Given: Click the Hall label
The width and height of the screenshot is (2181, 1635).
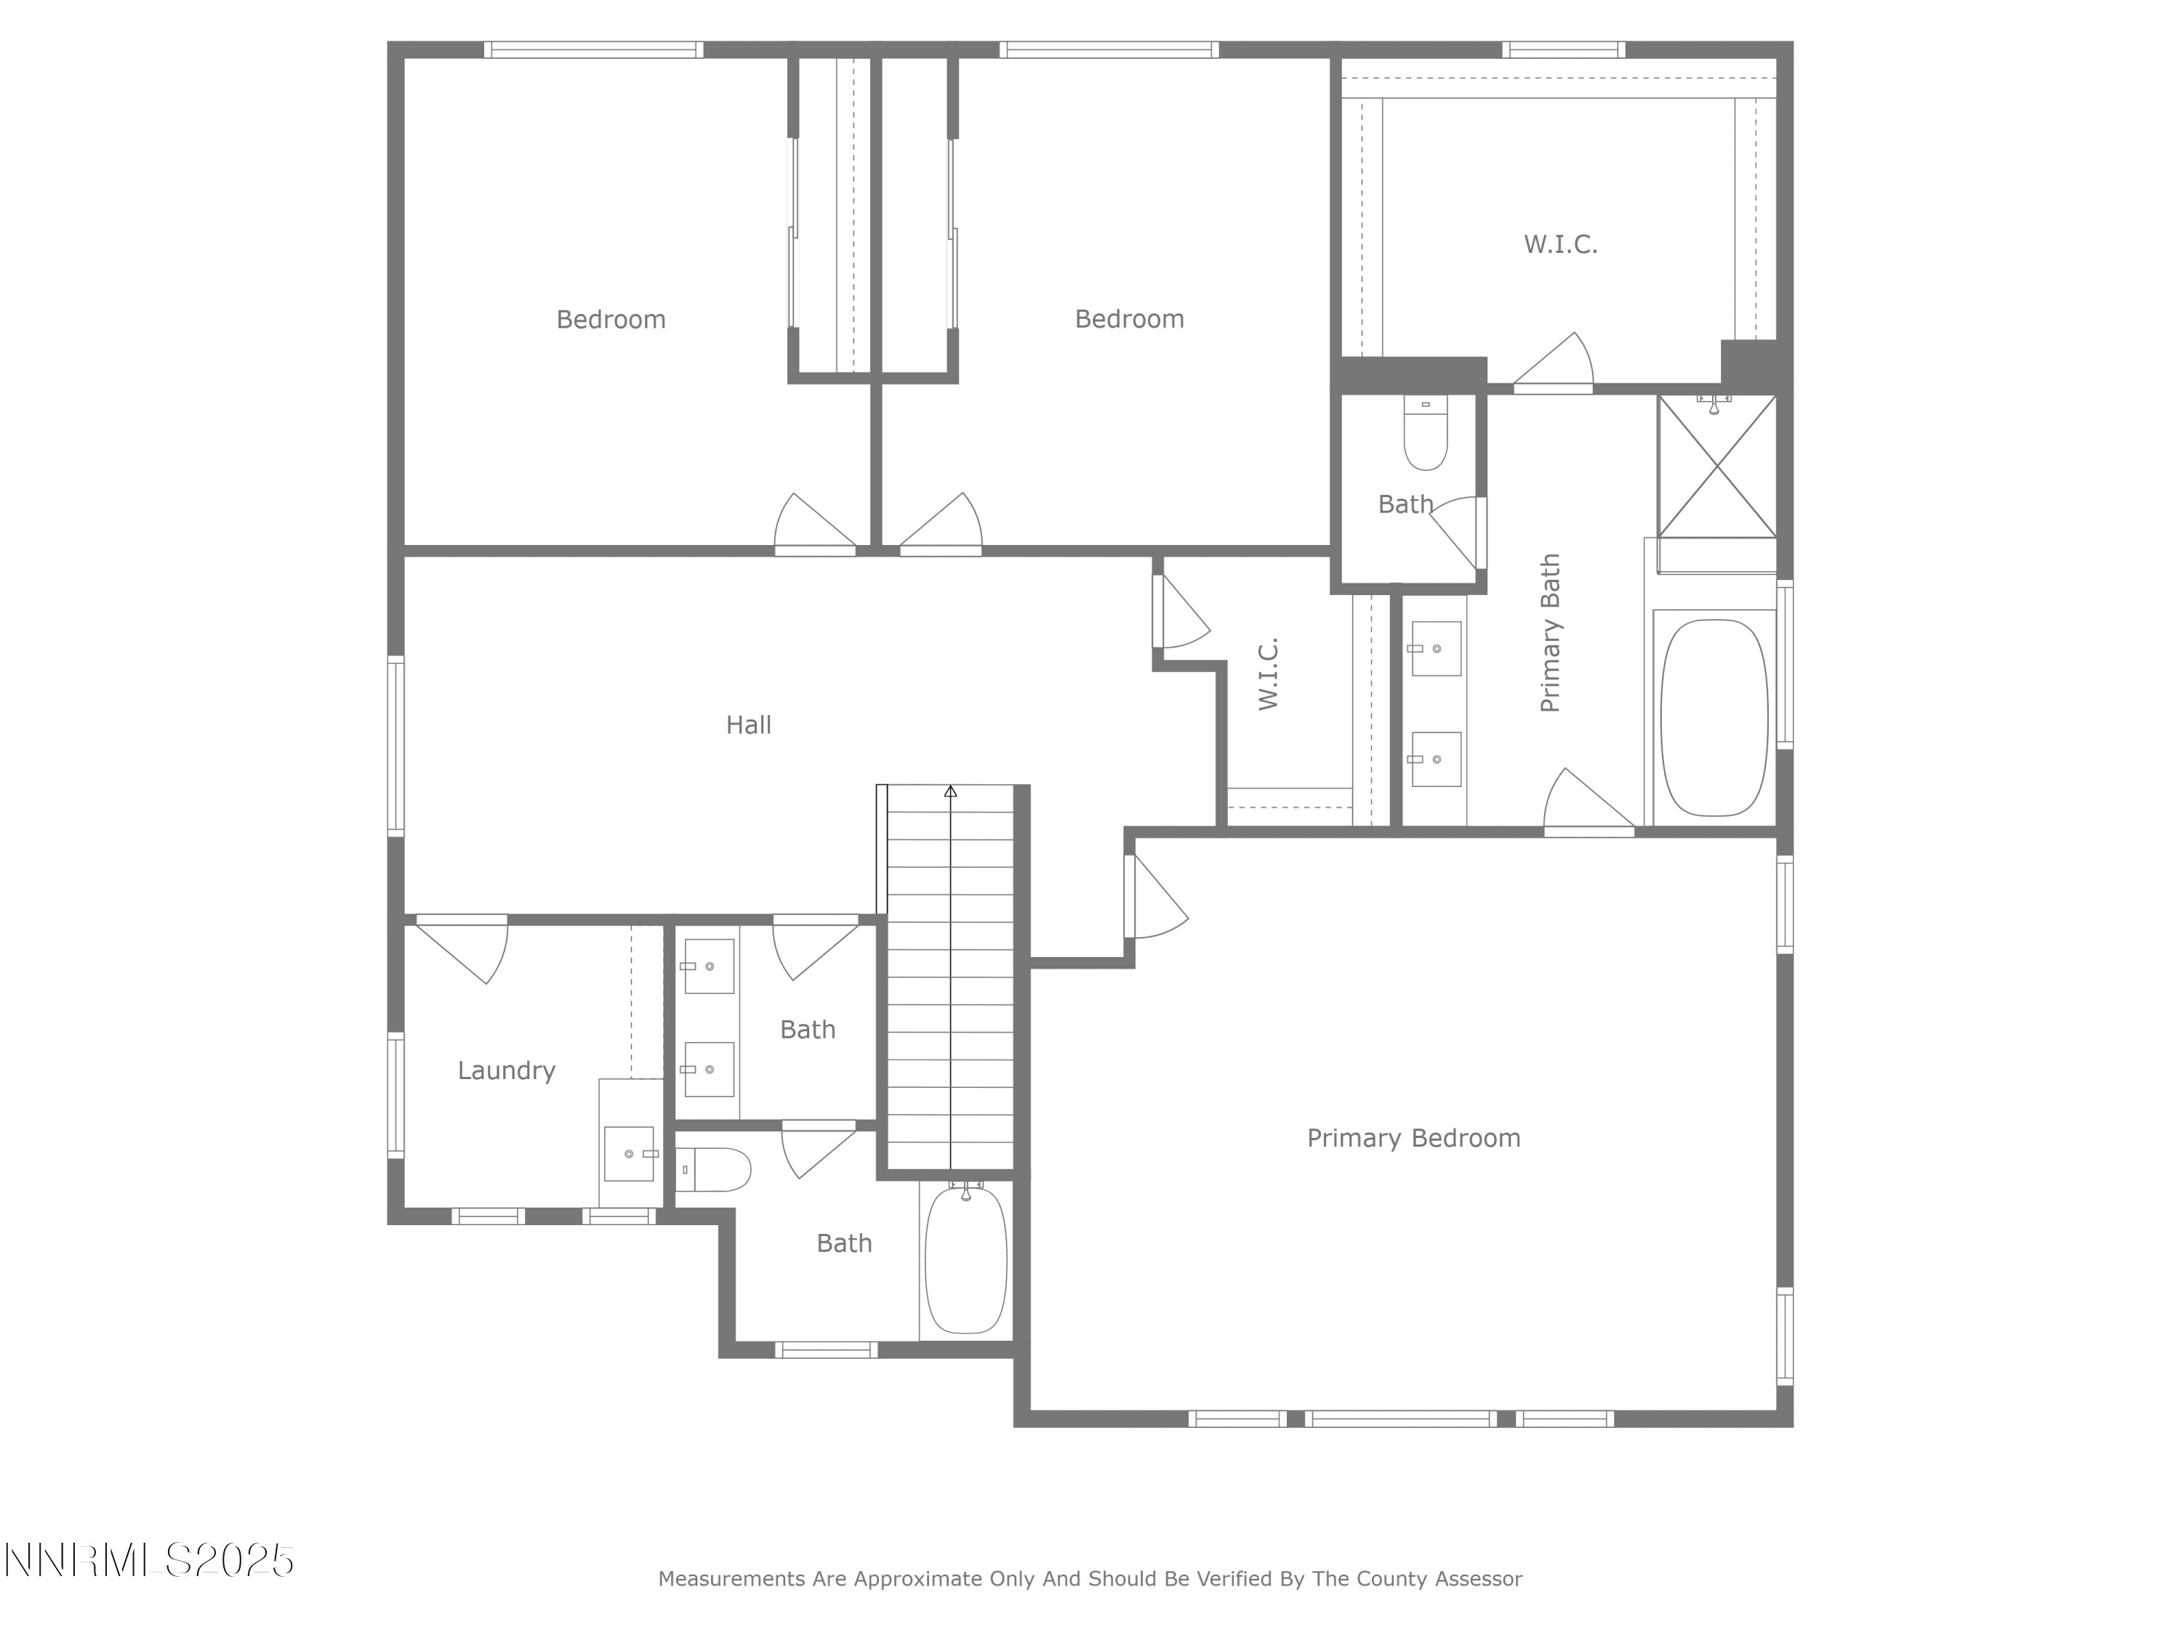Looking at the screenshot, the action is click(748, 725).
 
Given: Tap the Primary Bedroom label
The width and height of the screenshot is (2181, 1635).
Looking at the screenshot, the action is click(1413, 1138).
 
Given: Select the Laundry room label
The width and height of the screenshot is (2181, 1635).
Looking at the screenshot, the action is click(506, 1071).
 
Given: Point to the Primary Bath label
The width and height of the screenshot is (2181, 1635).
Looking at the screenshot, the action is click(1550, 633).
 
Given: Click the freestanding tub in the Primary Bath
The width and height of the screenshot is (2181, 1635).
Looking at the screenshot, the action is click(1714, 717).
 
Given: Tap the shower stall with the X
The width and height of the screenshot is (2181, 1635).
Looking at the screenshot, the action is click(1716, 467).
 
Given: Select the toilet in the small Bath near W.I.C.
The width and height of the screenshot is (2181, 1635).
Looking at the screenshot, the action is click(1425, 434).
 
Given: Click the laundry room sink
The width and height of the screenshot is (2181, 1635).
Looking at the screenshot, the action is click(629, 1153).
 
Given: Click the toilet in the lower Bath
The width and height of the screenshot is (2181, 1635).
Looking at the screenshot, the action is click(714, 1170).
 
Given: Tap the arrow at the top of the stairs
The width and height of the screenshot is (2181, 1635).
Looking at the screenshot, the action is click(950, 791).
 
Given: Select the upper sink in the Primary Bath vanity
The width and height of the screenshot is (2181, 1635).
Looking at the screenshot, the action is click(1436, 648).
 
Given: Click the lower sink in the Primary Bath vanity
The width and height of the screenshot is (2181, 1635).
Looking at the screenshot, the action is click(1436, 759).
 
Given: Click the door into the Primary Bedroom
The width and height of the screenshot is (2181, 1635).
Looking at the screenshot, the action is click(1156, 896).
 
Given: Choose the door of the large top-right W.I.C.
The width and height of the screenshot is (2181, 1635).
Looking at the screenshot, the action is click(1553, 363).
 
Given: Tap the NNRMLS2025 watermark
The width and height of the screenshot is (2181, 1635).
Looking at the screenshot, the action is click(149, 1560).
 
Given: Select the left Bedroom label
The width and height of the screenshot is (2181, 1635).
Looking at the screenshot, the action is click(611, 319).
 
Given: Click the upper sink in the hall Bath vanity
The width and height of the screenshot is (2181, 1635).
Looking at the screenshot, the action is click(709, 966).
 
